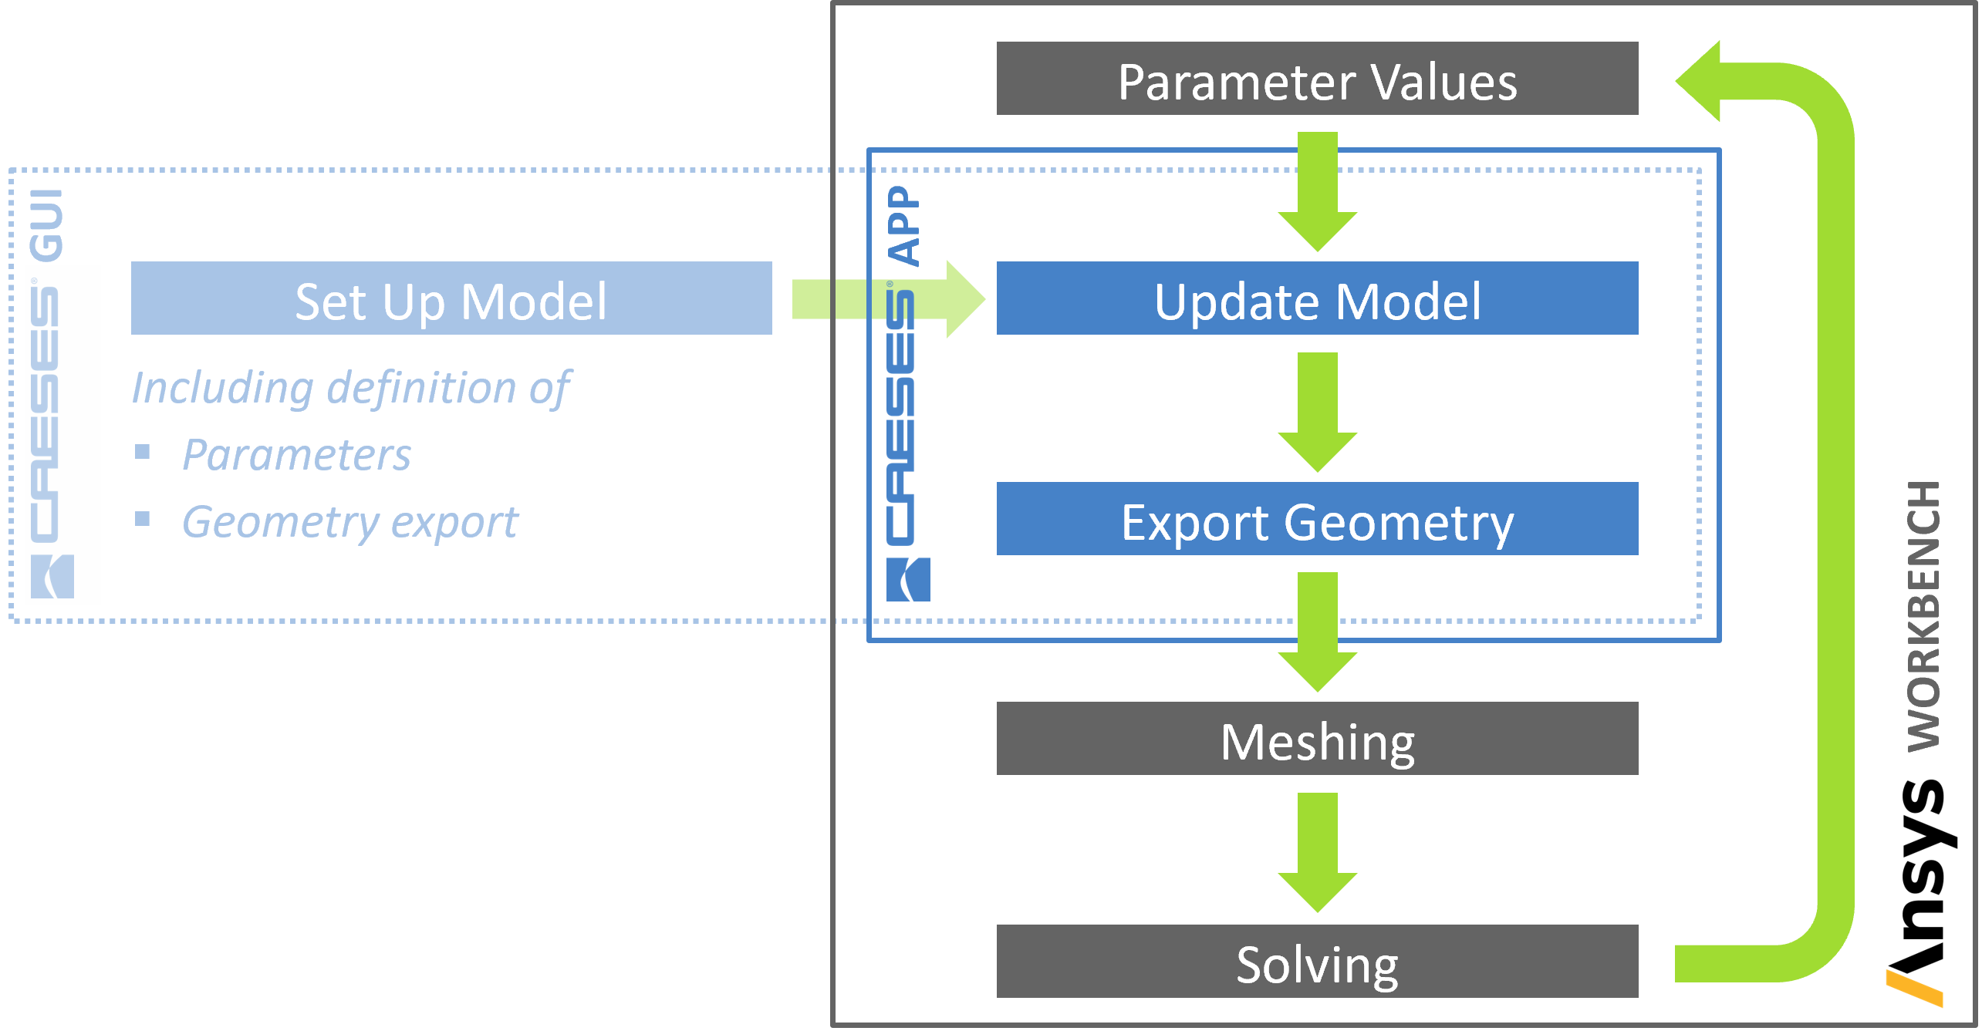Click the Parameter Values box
[x=1317, y=79]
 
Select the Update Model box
[x=1317, y=298]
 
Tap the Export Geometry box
[x=1317, y=519]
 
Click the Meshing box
[x=1317, y=739]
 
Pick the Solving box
[x=1317, y=962]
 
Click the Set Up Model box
[x=451, y=298]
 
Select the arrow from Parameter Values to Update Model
[x=1317, y=192]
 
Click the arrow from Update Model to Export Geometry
[x=1317, y=413]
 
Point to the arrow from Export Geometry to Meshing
[x=1317, y=632]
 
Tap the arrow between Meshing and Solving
[x=1317, y=853]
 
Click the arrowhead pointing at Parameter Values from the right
[x=1698, y=81]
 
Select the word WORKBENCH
[x=1923, y=616]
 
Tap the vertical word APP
[x=903, y=226]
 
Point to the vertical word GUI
[x=46, y=225]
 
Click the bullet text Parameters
[x=297, y=455]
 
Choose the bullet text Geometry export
[x=350, y=523]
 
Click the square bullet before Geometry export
[x=142, y=518]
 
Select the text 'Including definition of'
[x=351, y=388]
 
